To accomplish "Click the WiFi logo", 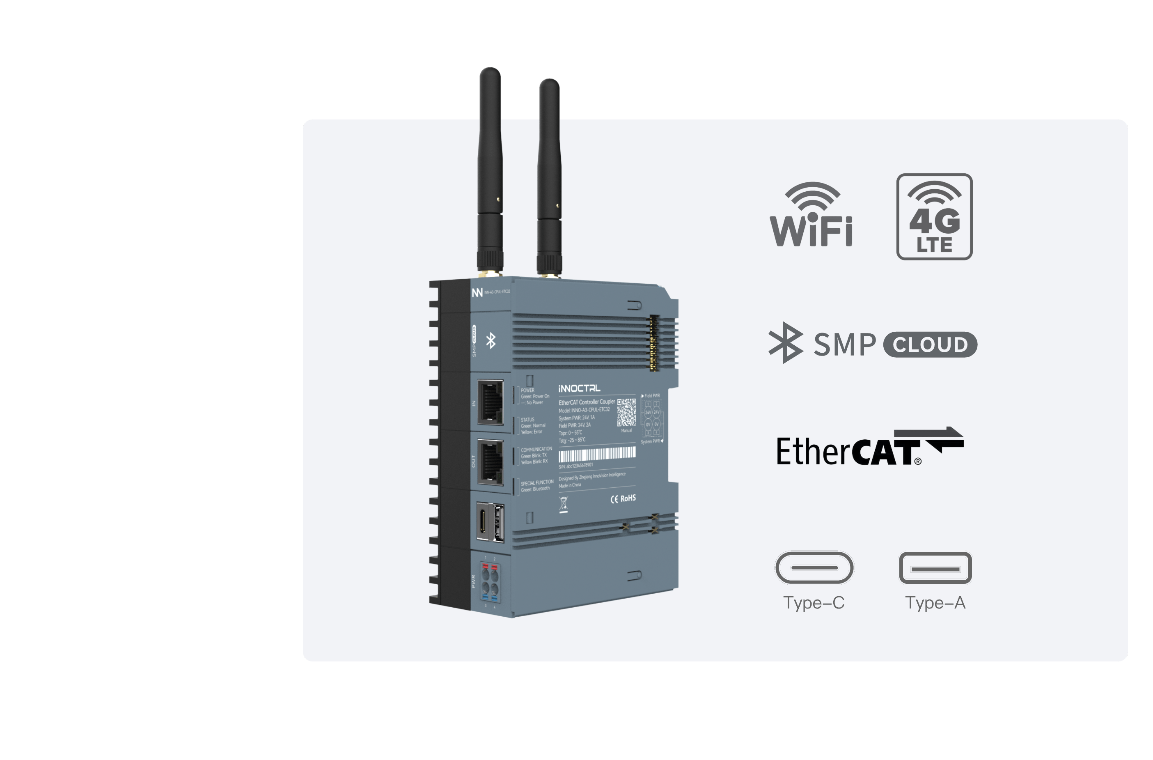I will [812, 215].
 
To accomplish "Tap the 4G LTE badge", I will [934, 217].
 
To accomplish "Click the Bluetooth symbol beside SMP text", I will [785, 343].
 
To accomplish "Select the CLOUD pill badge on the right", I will [930, 344].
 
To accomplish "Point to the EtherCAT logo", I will [870, 447].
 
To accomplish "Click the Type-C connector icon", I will [814, 567].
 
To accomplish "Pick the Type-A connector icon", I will [935, 567].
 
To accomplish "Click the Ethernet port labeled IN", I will [490, 403].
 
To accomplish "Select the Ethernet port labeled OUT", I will [490, 462].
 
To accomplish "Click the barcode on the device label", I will [597, 454].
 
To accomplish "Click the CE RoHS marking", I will [623, 498].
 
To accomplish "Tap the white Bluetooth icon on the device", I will [491, 341].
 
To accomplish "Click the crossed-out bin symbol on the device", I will [563, 505].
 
